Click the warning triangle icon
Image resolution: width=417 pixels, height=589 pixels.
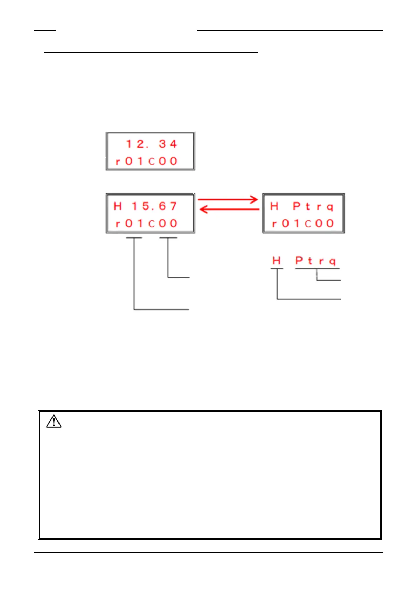click(x=54, y=421)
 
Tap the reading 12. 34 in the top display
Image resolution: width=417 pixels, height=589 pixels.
click(x=151, y=144)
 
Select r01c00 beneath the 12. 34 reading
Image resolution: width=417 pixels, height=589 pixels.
click(x=147, y=161)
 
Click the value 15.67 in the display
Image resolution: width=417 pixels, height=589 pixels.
click(x=154, y=206)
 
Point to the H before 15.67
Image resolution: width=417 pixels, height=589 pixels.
click(x=118, y=206)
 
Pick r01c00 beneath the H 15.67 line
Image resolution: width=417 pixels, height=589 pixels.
click(x=147, y=223)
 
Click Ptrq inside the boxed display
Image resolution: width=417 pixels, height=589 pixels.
click(x=313, y=206)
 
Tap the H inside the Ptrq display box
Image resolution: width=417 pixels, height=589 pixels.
click(x=274, y=206)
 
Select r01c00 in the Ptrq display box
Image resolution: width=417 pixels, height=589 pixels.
click(x=303, y=223)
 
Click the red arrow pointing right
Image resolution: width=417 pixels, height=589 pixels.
click(x=228, y=200)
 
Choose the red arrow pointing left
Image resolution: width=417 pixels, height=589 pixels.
click(x=229, y=210)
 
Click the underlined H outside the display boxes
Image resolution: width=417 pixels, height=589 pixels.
click(x=277, y=261)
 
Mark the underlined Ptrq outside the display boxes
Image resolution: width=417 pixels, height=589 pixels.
click(x=315, y=261)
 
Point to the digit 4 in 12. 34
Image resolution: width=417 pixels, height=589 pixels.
click(x=173, y=144)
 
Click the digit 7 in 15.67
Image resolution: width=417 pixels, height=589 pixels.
click(x=173, y=206)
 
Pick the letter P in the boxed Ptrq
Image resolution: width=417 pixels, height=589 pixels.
click(x=297, y=206)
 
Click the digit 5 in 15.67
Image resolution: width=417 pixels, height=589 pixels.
click(x=146, y=206)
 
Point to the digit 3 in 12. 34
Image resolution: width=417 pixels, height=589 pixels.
click(x=162, y=144)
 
